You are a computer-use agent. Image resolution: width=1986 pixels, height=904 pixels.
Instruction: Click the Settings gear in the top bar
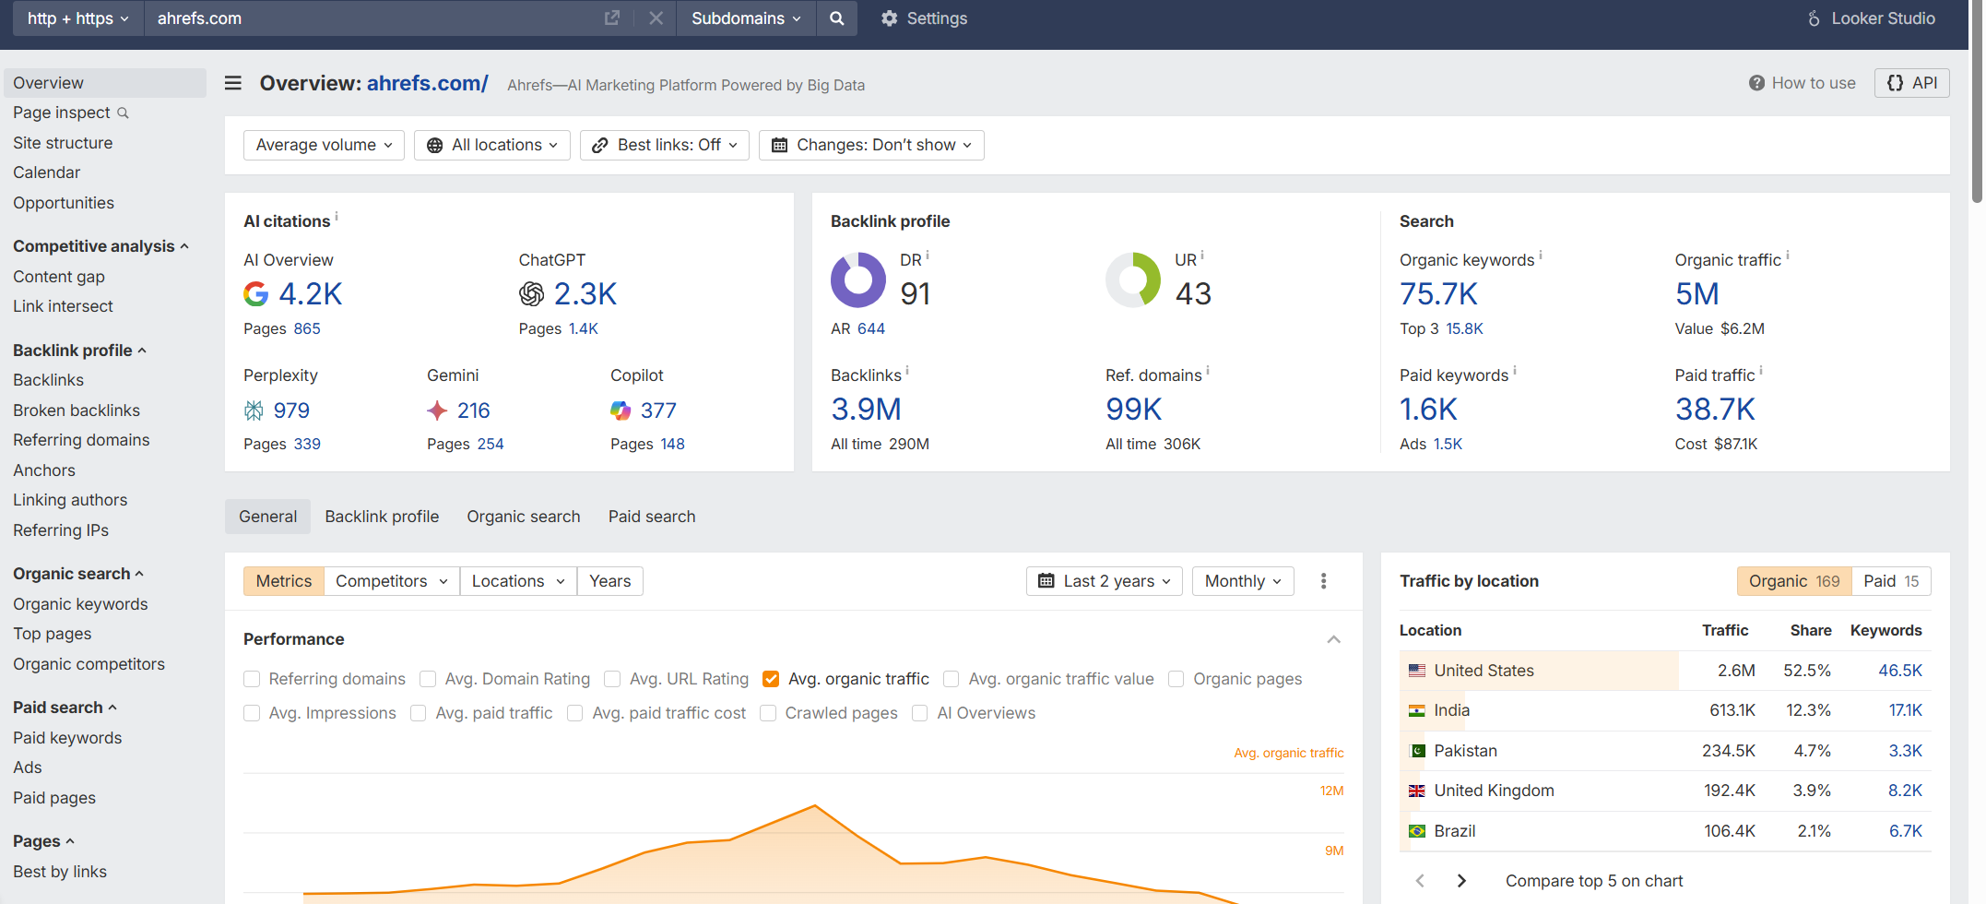pyautogui.click(x=889, y=18)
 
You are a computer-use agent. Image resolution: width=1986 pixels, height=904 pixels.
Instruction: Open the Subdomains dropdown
pyautogui.click(x=745, y=18)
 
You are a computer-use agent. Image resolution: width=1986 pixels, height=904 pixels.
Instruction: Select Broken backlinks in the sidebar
pyautogui.click(x=77, y=410)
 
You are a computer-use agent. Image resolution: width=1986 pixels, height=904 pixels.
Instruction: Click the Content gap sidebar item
pyautogui.click(x=59, y=277)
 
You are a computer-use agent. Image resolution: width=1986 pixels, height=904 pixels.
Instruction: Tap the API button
pyautogui.click(x=1911, y=83)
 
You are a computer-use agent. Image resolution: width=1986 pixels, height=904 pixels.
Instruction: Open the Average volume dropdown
pyautogui.click(x=324, y=145)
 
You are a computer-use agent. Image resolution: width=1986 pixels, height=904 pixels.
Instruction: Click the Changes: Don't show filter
pyautogui.click(x=871, y=145)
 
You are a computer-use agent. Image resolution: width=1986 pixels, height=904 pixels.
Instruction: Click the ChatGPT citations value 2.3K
pyautogui.click(x=585, y=294)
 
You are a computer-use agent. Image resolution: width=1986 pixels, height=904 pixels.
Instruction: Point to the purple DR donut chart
pyautogui.click(x=857, y=280)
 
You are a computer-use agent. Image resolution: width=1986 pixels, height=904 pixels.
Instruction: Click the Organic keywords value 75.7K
pyautogui.click(x=1438, y=294)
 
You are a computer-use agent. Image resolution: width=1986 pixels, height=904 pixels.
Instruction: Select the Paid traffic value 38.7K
pyautogui.click(x=1715, y=410)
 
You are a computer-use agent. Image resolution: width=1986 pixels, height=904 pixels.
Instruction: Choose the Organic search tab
pyautogui.click(x=523, y=517)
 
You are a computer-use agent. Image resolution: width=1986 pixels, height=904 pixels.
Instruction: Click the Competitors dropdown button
pyautogui.click(x=391, y=581)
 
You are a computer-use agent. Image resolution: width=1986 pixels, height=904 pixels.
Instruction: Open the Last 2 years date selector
pyautogui.click(x=1104, y=581)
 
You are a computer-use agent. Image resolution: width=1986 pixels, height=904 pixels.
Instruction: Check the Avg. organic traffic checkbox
pyautogui.click(x=772, y=679)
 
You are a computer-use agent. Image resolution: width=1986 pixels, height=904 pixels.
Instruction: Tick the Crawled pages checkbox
pyautogui.click(x=768, y=713)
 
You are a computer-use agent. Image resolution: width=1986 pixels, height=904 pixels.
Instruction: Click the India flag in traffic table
pyautogui.click(x=1417, y=710)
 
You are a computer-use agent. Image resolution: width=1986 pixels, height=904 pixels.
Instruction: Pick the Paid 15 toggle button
pyautogui.click(x=1890, y=581)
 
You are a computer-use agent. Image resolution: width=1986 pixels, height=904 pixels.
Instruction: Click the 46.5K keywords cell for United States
pyautogui.click(x=1899, y=671)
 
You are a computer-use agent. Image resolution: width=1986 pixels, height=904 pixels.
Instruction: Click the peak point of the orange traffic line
pyautogui.click(x=815, y=806)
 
